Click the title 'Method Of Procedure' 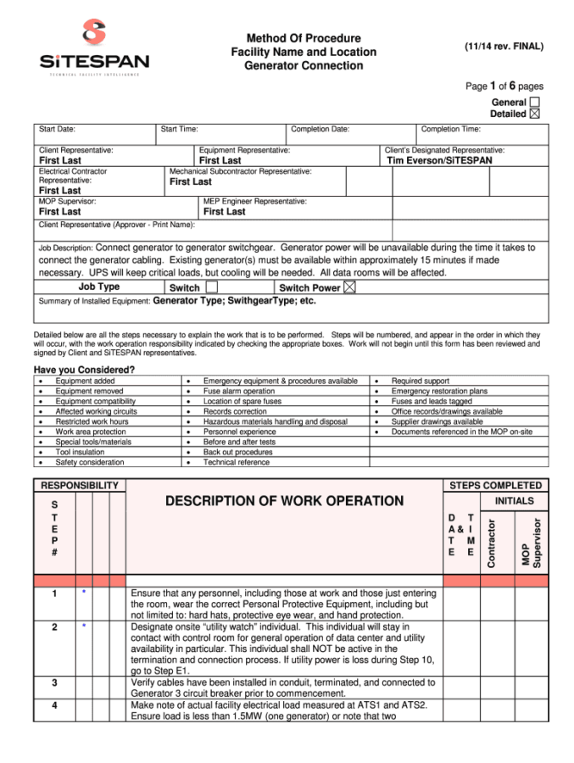(x=304, y=38)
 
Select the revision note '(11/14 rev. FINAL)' (x=504, y=47)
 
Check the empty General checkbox (x=535, y=102)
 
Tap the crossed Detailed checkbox (x=534, y=114)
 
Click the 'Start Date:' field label (x=57, y=130)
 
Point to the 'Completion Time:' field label (x=451, y=130)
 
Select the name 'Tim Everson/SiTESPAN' (x=438, y=160)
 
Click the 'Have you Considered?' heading (x=84, y=370)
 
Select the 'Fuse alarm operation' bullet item (x=239, y=392)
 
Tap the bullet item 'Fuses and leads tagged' (x=432, y=402)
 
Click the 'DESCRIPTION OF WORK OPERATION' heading (x=284, y=501)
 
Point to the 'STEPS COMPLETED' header (x=495, y=486)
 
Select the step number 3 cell (x=54, y=682)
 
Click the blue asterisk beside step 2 (x=85, y=627)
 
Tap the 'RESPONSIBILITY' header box (x=79, y=486)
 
